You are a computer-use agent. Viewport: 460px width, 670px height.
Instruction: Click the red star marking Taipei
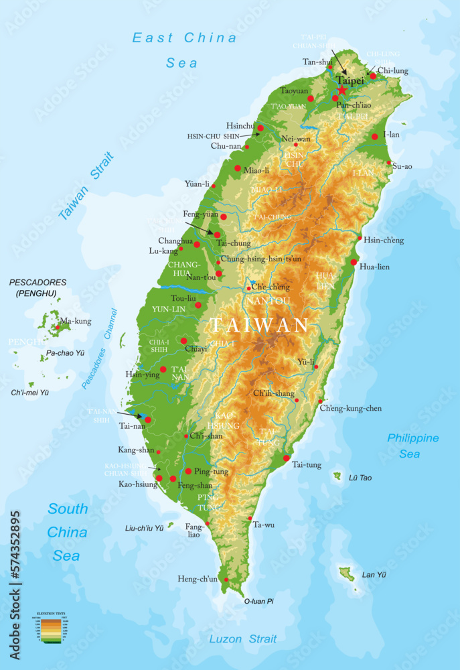coord(342,90)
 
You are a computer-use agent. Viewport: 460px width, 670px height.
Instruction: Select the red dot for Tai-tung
coord(287,458)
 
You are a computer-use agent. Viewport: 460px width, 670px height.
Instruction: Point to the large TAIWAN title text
coord(259,326)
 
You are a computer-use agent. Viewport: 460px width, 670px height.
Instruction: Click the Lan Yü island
coord(346,574)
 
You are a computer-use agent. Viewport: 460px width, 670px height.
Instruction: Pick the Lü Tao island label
coord(360,478)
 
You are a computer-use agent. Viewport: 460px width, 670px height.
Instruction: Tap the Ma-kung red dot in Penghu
coord(58,327)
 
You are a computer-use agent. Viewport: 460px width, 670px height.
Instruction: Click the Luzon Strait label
coord(242,639)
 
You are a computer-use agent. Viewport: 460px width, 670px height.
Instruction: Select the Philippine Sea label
coord(413,446)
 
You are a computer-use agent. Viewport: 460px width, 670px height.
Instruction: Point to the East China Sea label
coord(184,50)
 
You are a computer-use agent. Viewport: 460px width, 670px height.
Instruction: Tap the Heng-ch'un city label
coord(198,579)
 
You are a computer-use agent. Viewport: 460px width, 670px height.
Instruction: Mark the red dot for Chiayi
coord(184,341)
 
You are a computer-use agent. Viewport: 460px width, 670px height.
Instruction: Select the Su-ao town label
coord(403,166)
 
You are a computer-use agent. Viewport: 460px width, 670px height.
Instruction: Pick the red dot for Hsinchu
coord(260,128)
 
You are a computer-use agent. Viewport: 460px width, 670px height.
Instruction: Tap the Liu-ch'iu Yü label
coord(145,528)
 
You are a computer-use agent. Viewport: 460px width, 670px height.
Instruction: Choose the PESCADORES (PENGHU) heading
coord(37,287)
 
